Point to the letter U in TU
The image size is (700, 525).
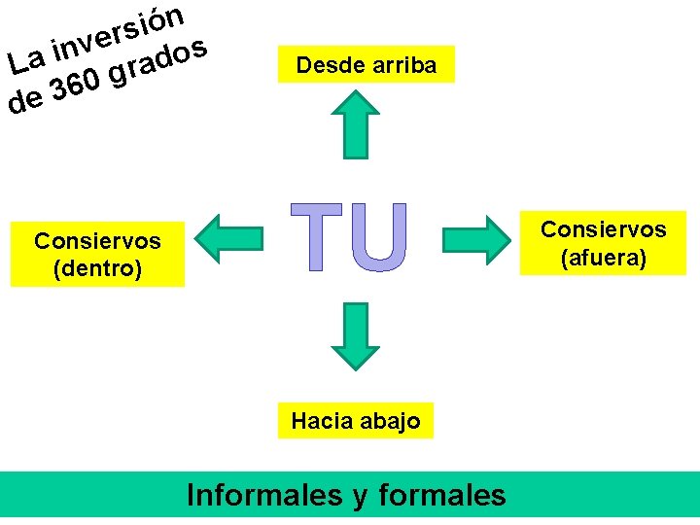point(373,236)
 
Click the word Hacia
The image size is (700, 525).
point(317,421)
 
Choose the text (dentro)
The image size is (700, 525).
point(97,268)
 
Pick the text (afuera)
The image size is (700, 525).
point(603,259)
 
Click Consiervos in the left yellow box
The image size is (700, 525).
point(97,240)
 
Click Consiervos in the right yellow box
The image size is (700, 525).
point(603,229)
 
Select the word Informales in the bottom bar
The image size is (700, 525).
point(263,495)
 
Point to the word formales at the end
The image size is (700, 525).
point(441,495)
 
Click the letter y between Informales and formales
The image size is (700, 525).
point(359,497)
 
